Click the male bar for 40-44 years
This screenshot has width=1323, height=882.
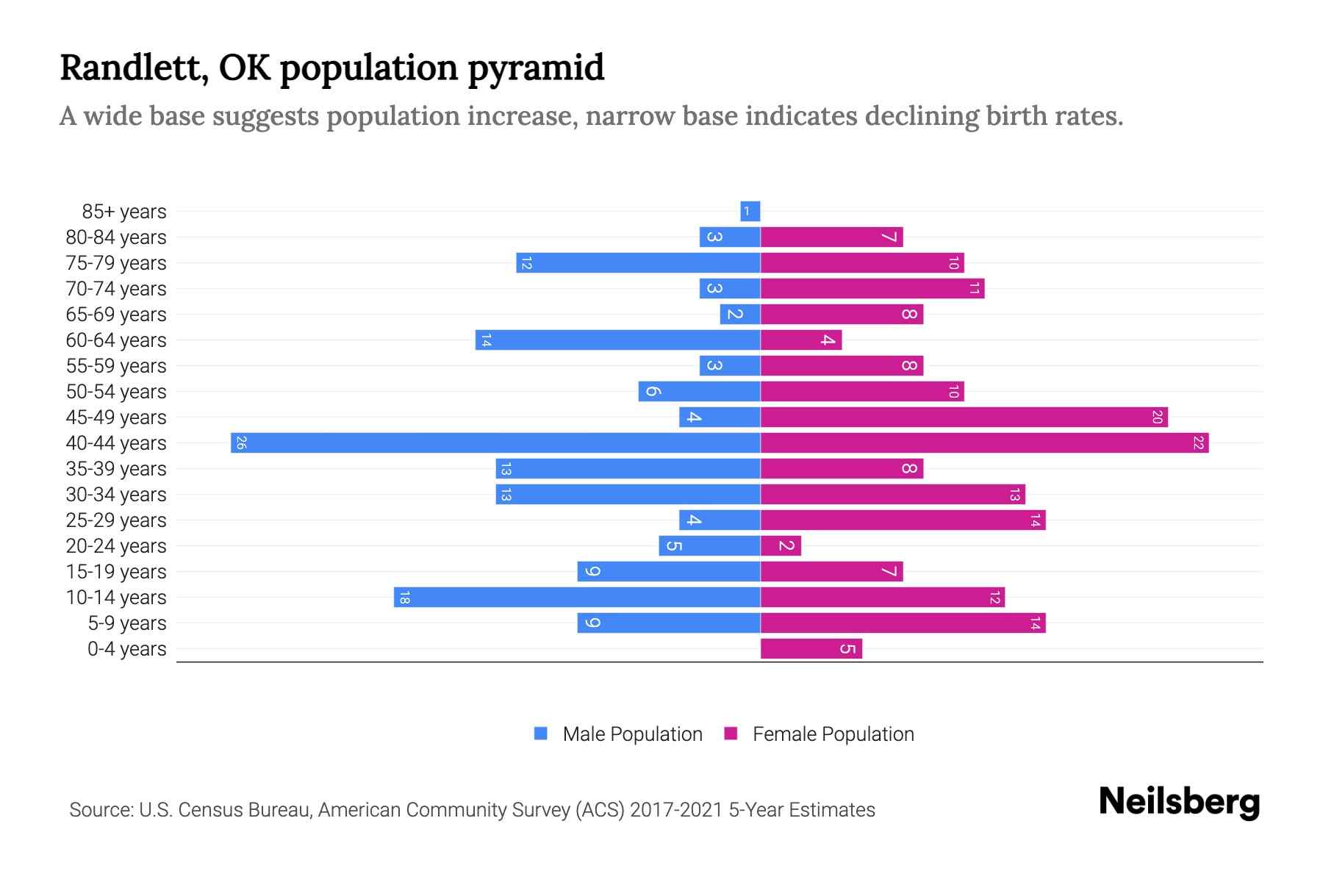[x=495, y=443]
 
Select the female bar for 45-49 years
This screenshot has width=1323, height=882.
[x=964, y=417]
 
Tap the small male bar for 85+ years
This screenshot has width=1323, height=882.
[x=750, y=212]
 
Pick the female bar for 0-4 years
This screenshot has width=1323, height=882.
[x=811, y=649]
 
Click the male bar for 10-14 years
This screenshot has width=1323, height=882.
[x=577, y=598]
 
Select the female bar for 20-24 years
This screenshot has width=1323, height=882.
[x=781, y=546]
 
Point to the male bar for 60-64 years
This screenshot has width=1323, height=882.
[x=617, y=340]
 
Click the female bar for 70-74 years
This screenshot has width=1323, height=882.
[x=872, y=289]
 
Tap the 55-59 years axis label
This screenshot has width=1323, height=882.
[x=116, y=366]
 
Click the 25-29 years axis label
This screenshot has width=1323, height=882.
[x=116, y=520]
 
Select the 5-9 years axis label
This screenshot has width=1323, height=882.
[x=126, y=623]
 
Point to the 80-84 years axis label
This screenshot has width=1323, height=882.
[x=116, y=237]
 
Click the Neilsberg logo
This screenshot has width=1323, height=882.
[x=1179, y=802]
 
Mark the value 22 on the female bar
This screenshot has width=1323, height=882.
[x=1198, y=443]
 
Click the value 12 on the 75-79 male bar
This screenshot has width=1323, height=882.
[x=526, y=263]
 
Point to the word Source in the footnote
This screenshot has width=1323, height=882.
[x=101, y=810]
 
